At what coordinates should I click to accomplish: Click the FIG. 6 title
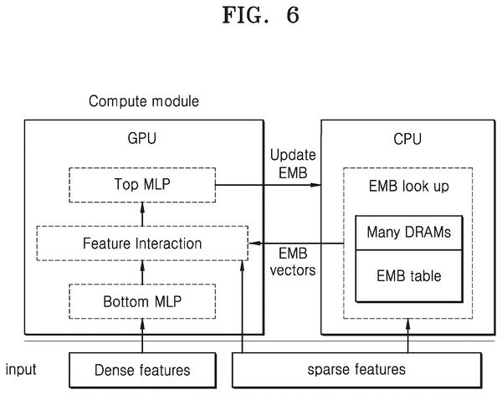pos(260,15)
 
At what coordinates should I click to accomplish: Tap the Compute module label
pos(144,101)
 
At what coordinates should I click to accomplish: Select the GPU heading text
pos(142,138)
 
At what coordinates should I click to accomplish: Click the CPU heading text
pos(407,139)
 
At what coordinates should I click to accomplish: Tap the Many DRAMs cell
pos(409,233)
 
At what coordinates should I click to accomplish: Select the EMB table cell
pos(409,276)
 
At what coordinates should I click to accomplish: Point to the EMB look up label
pos(409,187)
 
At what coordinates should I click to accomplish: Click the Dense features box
pos(142,371)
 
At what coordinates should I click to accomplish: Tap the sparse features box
pos(356,370)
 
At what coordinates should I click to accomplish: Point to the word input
pos(21,369)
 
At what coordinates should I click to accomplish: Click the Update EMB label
pos(293,164)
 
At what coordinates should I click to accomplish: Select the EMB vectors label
pos(293,262)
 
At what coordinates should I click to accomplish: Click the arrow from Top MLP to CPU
pos(269,185)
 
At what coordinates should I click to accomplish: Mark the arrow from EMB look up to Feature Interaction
pos(296,244)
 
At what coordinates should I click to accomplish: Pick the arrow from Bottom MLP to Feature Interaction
pos(142,272)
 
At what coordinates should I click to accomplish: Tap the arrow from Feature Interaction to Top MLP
pos(142,214)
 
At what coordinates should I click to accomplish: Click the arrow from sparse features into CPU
pos(408,336)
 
